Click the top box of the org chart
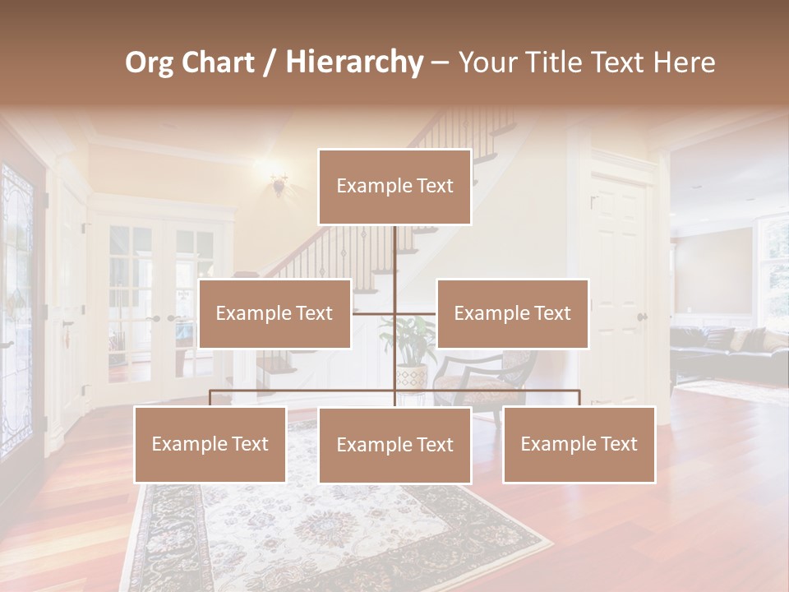pos(394,187)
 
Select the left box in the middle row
pos(275,313)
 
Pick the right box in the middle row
pos(512,313)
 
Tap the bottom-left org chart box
pos(210,445)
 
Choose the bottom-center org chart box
pos(394,445)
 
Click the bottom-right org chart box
pos(579,445)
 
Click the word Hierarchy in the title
pos(353,62)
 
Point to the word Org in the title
pos(150,62)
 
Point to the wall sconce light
pos(279,185)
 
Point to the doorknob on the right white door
pos(641,317)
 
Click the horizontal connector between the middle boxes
pos(394,313)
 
